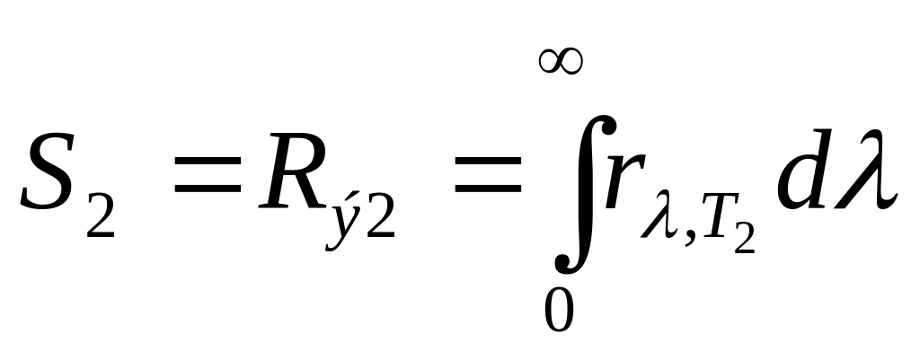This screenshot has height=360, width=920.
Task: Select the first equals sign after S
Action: coord(206,176)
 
